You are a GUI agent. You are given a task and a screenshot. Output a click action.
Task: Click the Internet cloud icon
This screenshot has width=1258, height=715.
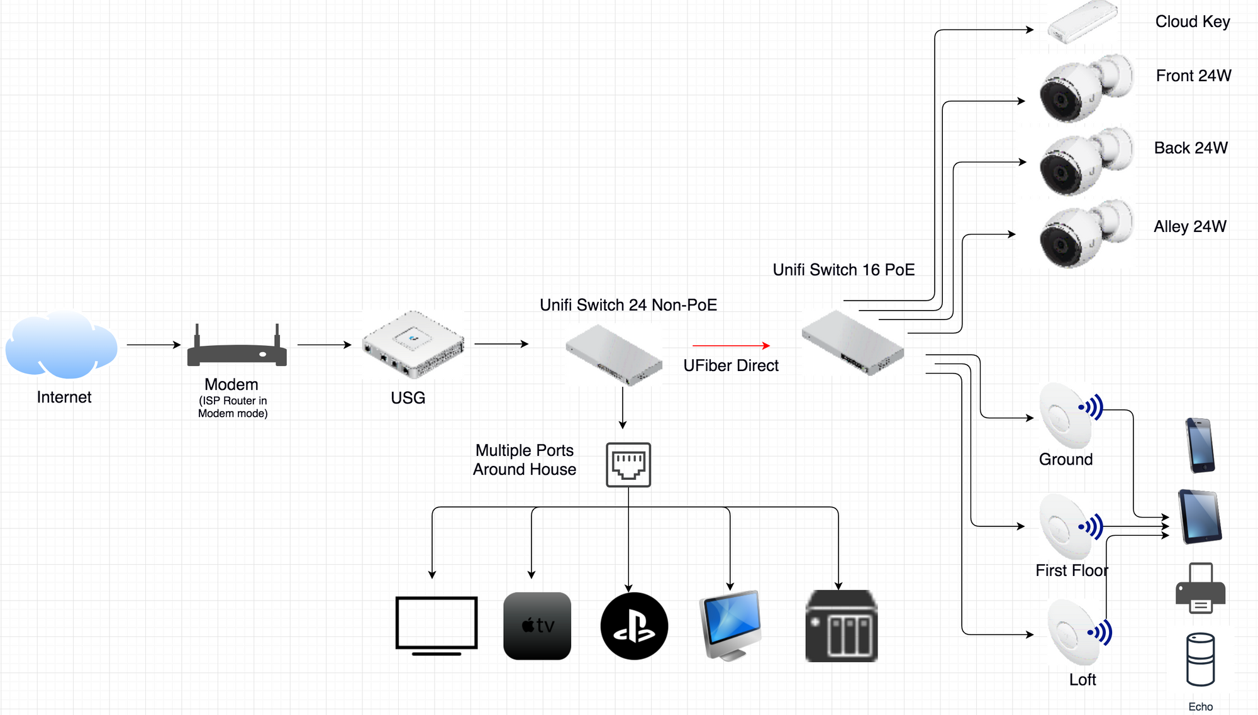[62, 345]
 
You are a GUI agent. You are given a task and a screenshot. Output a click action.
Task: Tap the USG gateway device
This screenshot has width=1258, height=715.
[413, 344]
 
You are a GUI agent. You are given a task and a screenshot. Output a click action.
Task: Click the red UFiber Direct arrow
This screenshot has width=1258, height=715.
[731, 345]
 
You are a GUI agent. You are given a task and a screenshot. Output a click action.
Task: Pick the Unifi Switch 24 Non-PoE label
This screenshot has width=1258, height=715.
[628, 305]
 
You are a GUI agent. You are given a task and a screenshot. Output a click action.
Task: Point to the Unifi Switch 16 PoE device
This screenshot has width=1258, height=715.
[853, 343]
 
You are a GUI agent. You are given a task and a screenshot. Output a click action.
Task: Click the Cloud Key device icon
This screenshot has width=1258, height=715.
[1082, 23]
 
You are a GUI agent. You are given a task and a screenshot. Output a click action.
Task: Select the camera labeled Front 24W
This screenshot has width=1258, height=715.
[1086, 89]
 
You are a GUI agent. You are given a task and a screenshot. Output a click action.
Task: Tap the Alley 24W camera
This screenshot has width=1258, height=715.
[1086, 234]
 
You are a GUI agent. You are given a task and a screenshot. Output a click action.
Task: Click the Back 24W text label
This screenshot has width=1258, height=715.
[1191, 148]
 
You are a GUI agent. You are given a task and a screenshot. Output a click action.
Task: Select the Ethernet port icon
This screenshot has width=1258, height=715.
[628, 465]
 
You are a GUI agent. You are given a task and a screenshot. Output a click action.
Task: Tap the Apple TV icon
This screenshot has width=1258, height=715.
[537, 626]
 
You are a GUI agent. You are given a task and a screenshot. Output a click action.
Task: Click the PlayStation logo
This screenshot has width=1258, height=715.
[634, 626]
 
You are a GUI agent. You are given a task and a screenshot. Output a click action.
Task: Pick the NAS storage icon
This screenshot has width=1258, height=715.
[842, 626]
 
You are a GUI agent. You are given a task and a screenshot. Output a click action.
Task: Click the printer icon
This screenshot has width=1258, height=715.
[1200, 589]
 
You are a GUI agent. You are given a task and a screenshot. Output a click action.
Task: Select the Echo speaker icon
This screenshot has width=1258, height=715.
[1200, 660]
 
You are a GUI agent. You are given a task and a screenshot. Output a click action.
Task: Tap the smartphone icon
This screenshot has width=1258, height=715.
[1200, 445]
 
